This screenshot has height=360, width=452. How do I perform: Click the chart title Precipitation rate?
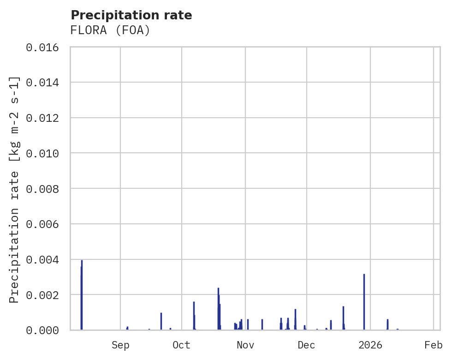(x=131, y=15)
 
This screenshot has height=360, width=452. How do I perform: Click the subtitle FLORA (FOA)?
(x=110, y=30)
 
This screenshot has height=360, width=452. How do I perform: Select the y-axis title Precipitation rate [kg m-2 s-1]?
(x=15, y=189)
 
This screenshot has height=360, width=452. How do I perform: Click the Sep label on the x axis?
(x=120, y=345)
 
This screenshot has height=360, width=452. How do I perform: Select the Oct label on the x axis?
(x=182, y=345)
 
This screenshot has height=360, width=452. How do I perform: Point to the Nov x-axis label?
(x=245, y=345)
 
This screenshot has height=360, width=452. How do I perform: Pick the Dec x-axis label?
(x=306, y=345)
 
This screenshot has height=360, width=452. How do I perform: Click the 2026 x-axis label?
(x=370, y=345)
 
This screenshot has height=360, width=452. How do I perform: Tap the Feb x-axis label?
(x=434, y=345)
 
